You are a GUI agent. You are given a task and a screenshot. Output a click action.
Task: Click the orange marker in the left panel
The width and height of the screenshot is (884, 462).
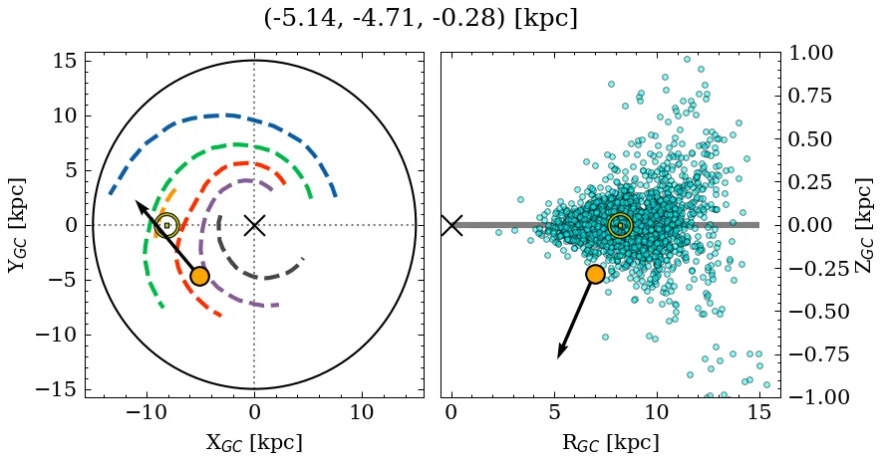[x=199, y=276]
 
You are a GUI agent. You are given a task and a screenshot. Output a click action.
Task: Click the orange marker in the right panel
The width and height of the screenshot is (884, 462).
[x=595, y=274]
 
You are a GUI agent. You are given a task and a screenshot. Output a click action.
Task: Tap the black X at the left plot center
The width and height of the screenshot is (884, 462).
[x=254, y=225]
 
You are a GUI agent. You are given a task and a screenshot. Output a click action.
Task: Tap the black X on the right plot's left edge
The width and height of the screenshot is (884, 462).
[x=451, y=225]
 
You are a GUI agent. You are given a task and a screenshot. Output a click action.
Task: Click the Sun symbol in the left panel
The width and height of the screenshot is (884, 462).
[x=166, y=226]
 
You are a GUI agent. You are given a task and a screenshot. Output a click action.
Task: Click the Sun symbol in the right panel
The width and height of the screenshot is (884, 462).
[x=620, y=226]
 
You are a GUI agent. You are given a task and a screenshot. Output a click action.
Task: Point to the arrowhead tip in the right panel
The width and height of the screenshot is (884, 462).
[x=559, y=356]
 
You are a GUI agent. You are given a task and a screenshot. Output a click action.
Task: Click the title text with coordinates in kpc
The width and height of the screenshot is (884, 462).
[x=421, y=19]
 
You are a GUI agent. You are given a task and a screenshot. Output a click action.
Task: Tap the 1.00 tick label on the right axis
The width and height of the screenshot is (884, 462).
[x=816, y=53]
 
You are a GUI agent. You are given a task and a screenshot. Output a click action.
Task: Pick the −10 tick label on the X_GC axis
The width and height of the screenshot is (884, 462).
[x=147, y=412]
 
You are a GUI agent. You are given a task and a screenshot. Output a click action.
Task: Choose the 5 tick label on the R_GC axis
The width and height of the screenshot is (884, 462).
[x=554, y=412]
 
